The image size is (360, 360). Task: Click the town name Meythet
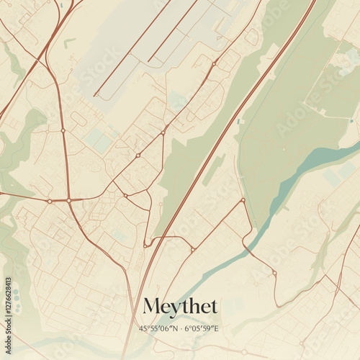click(x=180, y=306)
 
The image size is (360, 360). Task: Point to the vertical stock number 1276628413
click(x=7, y=301)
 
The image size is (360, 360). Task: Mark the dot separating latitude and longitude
click(x=180, y=328)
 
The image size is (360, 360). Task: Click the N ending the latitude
click(x=174, y=328)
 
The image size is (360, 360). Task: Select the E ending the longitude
click(x=216, y=328)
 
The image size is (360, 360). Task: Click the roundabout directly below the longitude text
click(x=244, y=352)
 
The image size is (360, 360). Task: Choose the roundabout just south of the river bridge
click(x=274, y=273)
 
